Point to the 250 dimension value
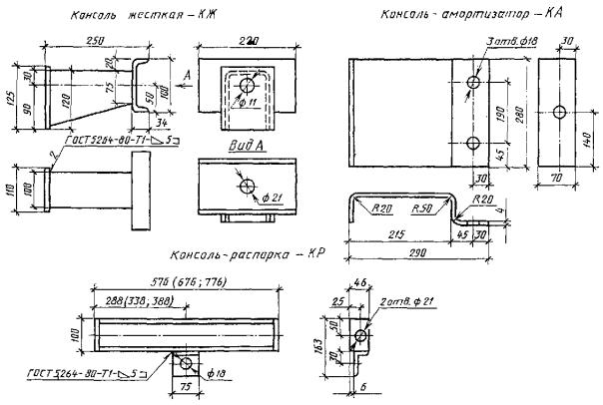[x=98, y=40]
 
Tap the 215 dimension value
[x=396, y=234]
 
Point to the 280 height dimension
[x=520, y=115]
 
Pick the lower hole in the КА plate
[x=473, y=144]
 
